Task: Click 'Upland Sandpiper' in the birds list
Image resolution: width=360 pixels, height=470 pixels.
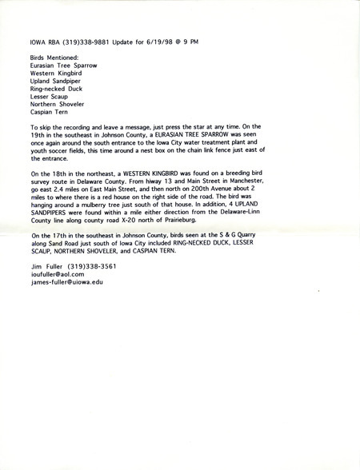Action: pos(54,82)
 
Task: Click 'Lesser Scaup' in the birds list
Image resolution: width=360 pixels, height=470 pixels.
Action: pos(49,97)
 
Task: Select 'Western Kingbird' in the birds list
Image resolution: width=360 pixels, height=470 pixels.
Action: pos(54,74)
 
